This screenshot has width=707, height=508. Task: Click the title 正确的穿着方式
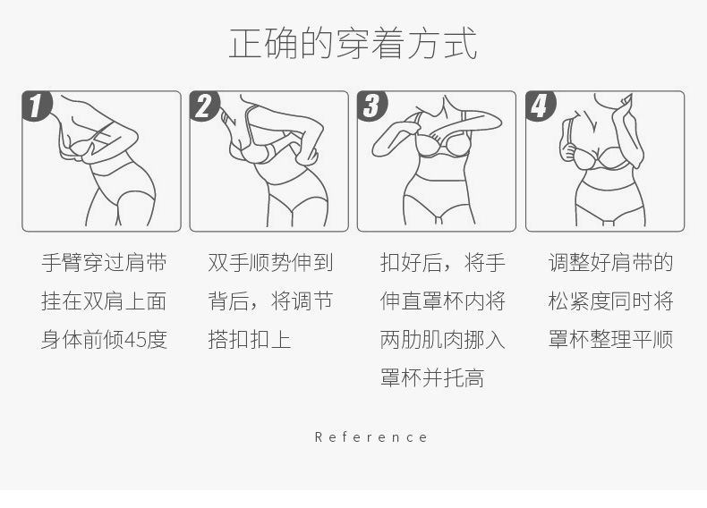click(x=353, y=43)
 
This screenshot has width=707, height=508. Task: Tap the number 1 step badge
click(x=37, y=106)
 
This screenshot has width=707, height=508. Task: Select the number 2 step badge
click(x=204, y=106)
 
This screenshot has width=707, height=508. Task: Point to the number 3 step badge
click(x=372, y=106)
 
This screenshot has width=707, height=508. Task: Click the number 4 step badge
click(x=541, y=106)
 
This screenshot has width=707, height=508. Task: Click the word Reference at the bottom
click(x=371, y=436)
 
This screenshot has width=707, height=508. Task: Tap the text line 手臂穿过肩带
click(x=104, y=263)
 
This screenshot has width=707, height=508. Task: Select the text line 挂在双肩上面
click(x=104, y=301)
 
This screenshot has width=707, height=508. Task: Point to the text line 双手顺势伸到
click(x=270, y=263)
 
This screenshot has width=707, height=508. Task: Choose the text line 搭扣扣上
click(x=250, y=340)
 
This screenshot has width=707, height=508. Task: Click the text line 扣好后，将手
click(x=442, y=263)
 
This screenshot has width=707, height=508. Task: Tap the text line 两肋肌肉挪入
click(x=442, y=340)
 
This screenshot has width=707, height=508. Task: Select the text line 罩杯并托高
click(x=432, y=377)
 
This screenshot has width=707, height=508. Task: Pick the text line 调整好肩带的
click(x=610, y=263)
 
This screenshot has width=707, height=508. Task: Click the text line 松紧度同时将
click(x=610, y=301)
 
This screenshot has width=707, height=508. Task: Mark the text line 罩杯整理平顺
click(x=610, y=340)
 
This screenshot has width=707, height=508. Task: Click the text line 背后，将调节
click(x=270, y=301)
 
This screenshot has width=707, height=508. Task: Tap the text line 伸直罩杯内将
click(x=442, y=301)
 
